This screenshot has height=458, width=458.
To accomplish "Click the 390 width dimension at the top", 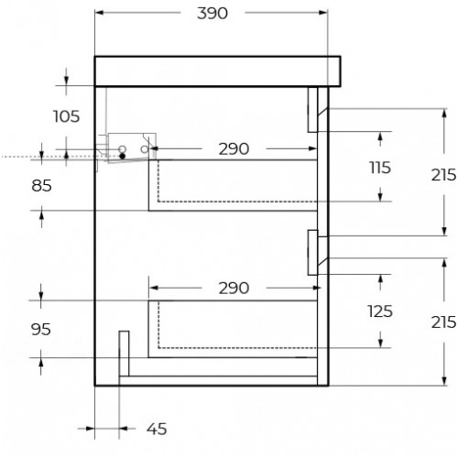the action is [x=213, y=14].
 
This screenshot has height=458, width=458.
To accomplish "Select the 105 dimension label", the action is [x=66, y=116].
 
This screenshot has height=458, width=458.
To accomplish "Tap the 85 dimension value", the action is [x=41, y=186].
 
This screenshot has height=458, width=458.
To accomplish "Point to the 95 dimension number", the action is [x=41, y=330].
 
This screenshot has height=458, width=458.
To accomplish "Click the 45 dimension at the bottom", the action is [x=157, y=429].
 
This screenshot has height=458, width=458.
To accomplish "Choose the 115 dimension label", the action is [x=380, y=168].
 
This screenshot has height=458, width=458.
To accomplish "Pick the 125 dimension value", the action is [x=380, y=311].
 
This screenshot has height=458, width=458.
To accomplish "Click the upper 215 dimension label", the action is [x=443, y=175].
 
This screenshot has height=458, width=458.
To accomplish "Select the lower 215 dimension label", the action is [x=443, y=322].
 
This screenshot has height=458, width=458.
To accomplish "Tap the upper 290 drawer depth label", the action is [x=234, y=149].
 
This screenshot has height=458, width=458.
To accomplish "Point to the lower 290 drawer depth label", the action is [x=234, y=289].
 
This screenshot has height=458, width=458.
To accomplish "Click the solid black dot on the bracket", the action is [x=123, y=156].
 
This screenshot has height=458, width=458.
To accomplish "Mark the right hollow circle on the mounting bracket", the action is [x=145, y=149].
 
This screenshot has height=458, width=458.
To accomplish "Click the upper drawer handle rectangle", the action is [x=312, y=110].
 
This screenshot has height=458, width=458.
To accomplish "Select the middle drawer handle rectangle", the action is [x=312, y=253].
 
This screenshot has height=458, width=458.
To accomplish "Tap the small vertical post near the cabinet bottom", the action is [x=124, y=354].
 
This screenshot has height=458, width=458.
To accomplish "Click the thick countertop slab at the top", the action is [x=217, y=71].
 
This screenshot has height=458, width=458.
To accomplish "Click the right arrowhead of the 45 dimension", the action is [x=123, y=429].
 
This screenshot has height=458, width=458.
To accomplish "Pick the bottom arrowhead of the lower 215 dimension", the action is [x=444, y=381].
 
